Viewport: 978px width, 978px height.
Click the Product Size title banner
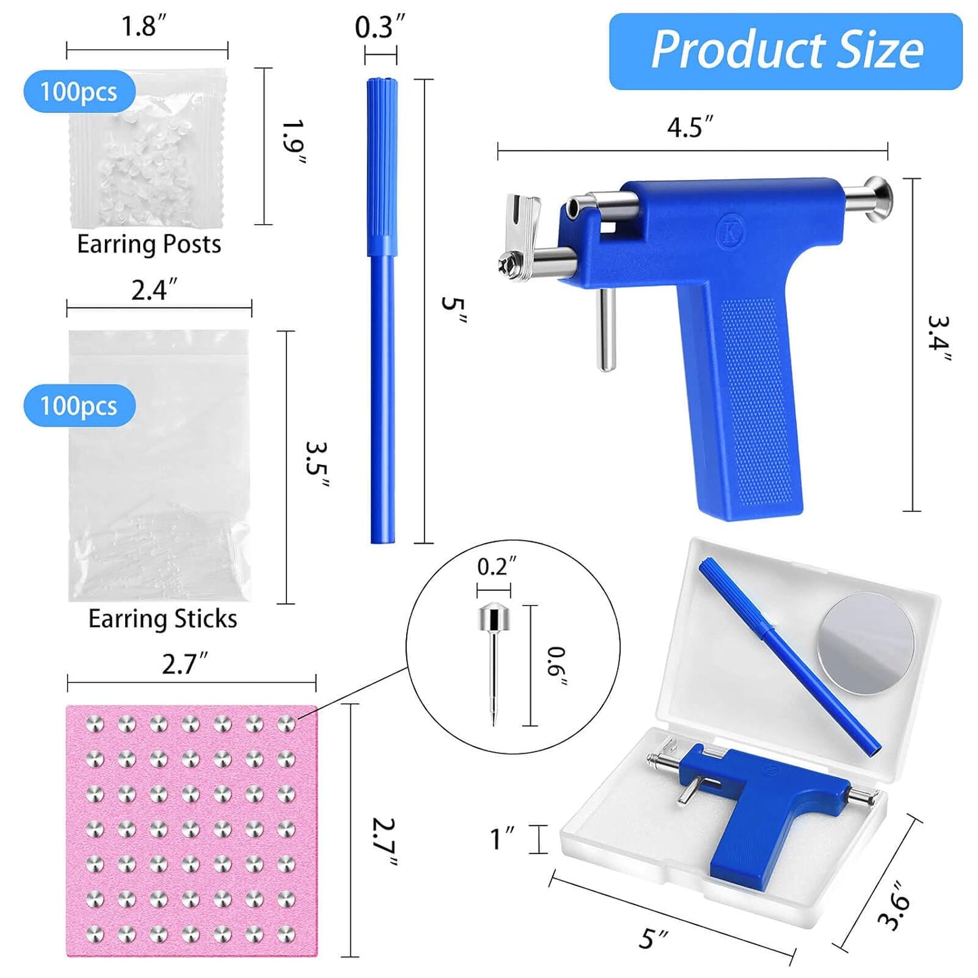coord(785,51)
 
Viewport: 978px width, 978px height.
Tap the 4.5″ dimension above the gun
coord(690,127)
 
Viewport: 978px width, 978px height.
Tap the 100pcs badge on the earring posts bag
coord(79,91)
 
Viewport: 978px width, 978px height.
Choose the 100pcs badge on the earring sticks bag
coord(79,405)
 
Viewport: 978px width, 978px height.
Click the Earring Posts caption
coord(149,244)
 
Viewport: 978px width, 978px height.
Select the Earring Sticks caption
coord(162,619)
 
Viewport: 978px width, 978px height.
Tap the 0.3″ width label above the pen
coord(380,28)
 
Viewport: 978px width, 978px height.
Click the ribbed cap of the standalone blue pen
coord(382,166)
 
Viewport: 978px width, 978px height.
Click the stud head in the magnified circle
coord(494,617)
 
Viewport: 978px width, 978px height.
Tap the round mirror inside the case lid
coord(866,643)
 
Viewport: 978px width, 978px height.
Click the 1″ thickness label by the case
coord(503,839)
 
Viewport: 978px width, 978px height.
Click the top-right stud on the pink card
coord(286,724)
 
